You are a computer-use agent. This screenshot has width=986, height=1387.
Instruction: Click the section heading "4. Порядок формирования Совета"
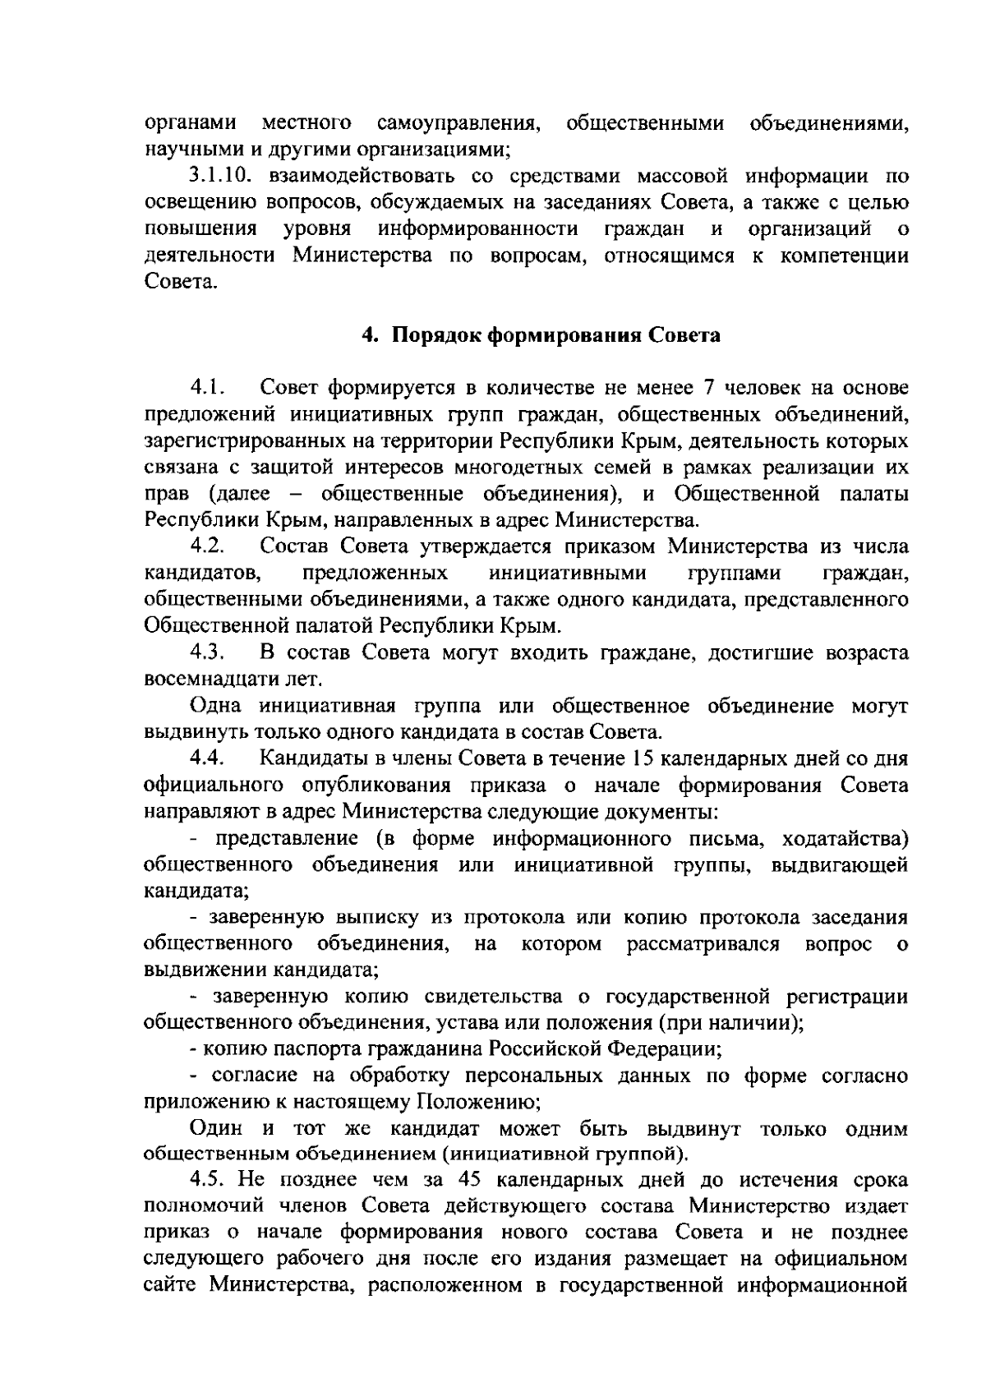click(541, 335)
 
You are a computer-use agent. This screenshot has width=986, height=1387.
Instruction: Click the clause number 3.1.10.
click(216, 177)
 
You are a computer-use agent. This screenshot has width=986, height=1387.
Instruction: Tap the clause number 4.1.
click(208, 387)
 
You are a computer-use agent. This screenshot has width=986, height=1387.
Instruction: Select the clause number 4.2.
click(208, 546)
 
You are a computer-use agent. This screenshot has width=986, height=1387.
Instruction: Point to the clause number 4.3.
click(208, 653)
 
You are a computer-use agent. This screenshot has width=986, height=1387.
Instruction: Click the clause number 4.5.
click(208, 1181)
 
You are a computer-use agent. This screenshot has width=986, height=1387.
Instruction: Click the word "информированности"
click(478, 229)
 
